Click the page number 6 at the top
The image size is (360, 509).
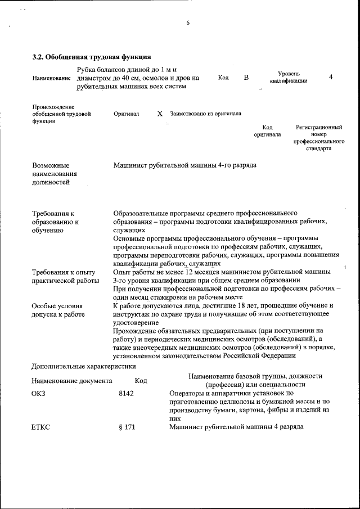click(188, 23)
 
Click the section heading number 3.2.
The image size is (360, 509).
click(38, 57)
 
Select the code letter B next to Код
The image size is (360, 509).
click(246, 78)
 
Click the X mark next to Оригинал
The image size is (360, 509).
click(160, 113)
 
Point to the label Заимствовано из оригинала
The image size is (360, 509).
click(205, 114)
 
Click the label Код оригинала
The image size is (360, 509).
click(267, 131)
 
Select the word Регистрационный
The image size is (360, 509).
click(319, 128)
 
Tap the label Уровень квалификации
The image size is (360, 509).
click(288, 77)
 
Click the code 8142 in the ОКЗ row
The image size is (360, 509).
click(126, 393)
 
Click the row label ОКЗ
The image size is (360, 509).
click(38, 393)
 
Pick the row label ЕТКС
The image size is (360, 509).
click(40, 427)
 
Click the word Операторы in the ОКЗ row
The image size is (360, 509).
click(186, 393)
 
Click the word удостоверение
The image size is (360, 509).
click(137, 322)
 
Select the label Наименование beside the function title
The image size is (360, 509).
click(52, 78)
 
